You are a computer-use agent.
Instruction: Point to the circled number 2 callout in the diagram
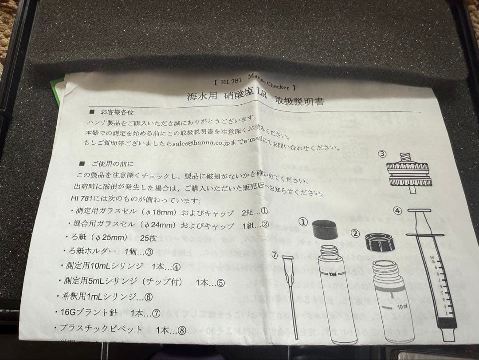(x=355, y=232)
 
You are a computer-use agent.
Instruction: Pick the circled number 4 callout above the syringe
(x=397, y=210)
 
